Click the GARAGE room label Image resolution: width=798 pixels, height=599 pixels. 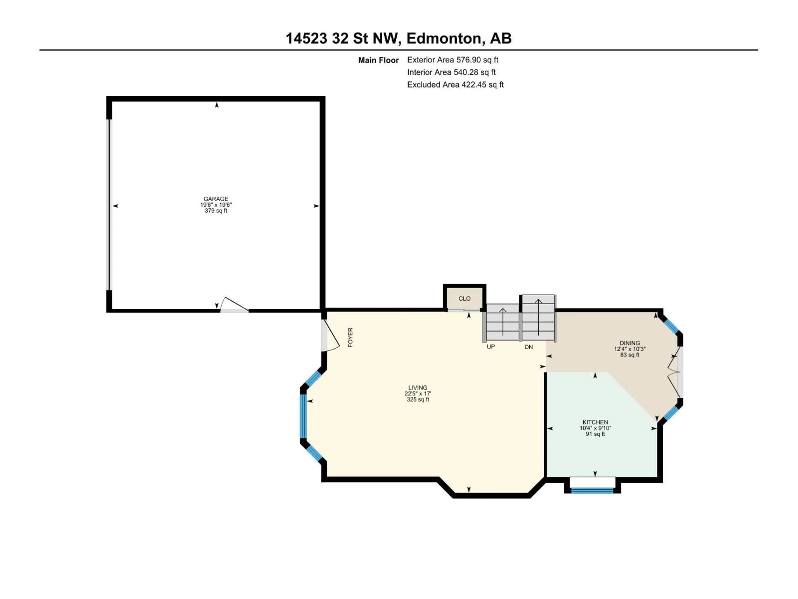click(216, 199)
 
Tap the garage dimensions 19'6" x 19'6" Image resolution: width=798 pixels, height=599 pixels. click(216, 205)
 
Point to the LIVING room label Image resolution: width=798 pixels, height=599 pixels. click(418, 388)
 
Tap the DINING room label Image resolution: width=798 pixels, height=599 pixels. click(629, 343)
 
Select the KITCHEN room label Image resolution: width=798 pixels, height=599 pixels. click(595, 422)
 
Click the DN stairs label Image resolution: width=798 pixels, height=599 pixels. click(528, 347)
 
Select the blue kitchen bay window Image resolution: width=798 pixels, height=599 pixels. click(592, 490)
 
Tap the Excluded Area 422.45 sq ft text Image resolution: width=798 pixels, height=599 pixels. click(455, 84)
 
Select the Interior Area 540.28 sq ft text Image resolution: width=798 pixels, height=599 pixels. click(451, 72)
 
